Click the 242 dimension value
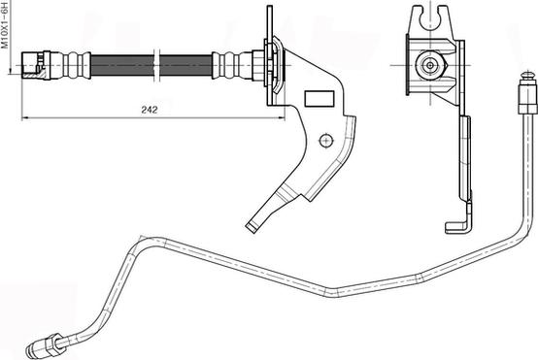coord(150,110)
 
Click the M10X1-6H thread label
coord(5,24)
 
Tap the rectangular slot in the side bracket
coord(319,99)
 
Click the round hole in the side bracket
coord(326,141)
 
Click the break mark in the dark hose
coord(156,65)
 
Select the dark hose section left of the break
coord(122,65)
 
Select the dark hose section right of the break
coord(185,65)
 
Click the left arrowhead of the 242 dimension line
coord(24,118)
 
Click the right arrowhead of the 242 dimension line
coord(281,118)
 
